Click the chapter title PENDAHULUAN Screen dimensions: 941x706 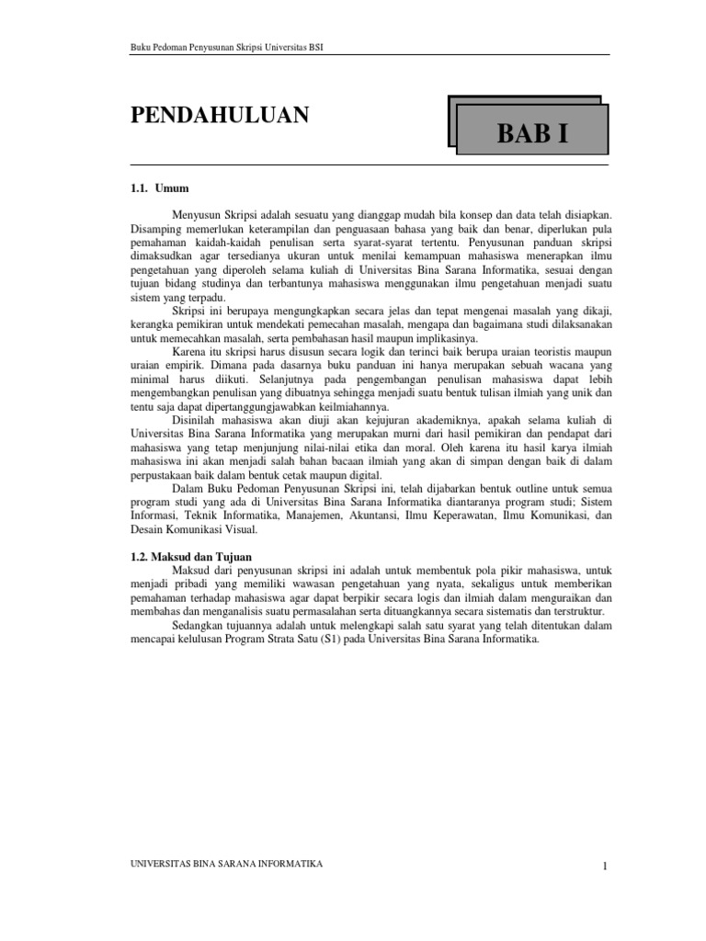pos(220,116)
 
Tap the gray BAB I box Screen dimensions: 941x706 pos(532,133)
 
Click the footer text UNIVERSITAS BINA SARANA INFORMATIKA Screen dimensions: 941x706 pos(227,865)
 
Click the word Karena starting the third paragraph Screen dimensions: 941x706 pos(189,353)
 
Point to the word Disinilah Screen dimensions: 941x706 pos(198,421)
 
